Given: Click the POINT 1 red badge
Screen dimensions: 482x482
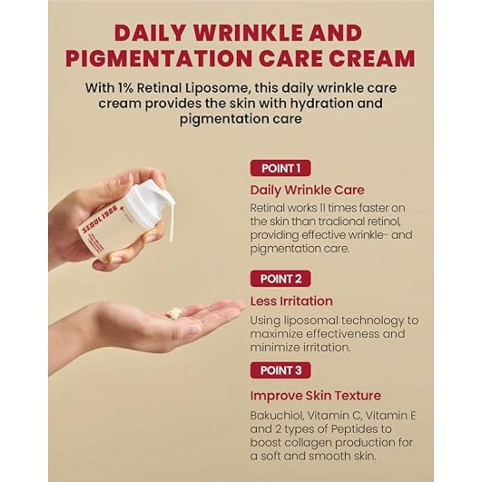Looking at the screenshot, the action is [281, 168].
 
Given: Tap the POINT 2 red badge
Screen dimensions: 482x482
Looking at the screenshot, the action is [281, 279].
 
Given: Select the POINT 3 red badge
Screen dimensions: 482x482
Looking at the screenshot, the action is [281, 370].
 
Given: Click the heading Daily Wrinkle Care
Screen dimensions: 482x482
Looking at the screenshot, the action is [308, 190].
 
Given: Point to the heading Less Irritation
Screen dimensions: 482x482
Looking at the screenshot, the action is [292, 301].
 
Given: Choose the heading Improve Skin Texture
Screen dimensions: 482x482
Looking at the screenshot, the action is [316, 396].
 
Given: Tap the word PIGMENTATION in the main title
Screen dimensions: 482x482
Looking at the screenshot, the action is [160, 58].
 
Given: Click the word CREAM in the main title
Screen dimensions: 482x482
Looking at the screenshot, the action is [375, 58].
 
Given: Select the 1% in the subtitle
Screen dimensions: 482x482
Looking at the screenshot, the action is [125, 88].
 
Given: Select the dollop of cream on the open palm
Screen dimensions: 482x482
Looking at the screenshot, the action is [173, 312].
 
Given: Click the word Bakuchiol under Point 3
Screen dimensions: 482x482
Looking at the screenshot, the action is [277, 415].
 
